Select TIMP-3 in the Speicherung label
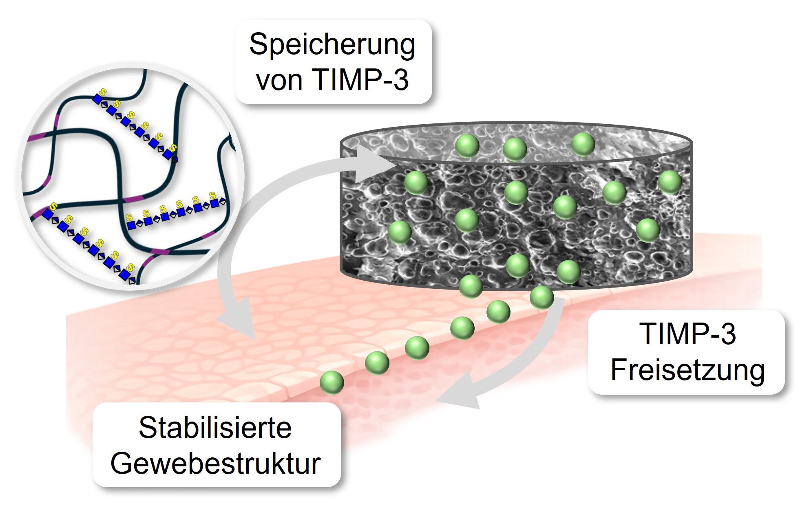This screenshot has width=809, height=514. coord(360,80)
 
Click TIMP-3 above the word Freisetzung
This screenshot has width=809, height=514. coord(687,334)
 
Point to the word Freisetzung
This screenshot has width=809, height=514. coord(687,371)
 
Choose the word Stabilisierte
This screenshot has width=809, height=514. coord(215,428)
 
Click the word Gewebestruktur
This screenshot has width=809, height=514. coord(216,463)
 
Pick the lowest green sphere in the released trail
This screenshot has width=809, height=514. coord(332,382)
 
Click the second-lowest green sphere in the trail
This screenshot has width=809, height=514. coord(377,362)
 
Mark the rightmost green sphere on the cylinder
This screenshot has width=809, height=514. coord(670,182)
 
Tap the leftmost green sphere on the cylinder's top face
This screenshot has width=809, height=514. coord(467,146)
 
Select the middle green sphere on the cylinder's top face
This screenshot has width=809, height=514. coord(515,149)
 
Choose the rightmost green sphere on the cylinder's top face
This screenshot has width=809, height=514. coord(583,144)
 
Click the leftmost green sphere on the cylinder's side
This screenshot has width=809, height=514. coord(400,232)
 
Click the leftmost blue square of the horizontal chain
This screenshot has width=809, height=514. coord(131,225)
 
